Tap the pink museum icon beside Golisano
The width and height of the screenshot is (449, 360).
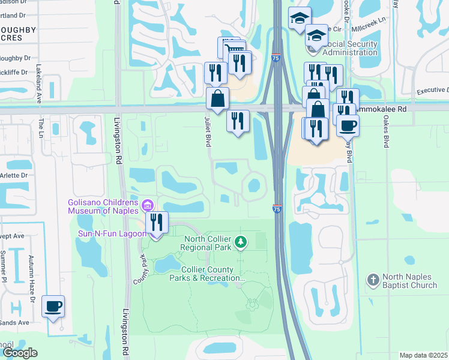[147, 205]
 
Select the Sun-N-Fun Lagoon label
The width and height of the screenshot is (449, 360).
[108, 233]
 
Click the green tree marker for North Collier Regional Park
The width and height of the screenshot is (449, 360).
[241, 242]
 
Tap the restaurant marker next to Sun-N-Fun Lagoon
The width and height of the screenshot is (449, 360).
[156, 223]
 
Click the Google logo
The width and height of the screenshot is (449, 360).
[20, 353]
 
